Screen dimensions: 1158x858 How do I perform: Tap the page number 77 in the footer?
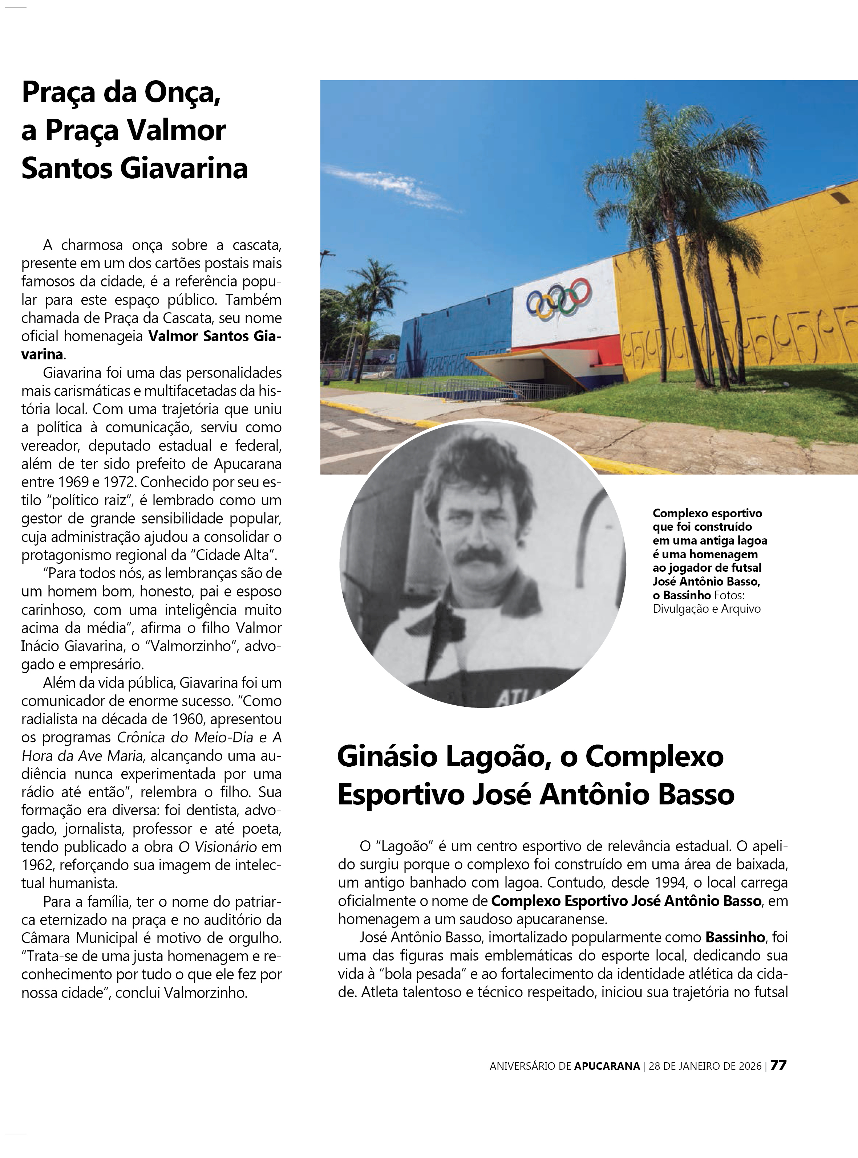tap(778, 1065)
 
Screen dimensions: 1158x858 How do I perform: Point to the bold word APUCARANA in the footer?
tap(607, 1066)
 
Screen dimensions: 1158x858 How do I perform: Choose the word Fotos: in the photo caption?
tap(729, 595)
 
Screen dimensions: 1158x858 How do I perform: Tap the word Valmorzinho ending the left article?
tap(205, 993)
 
